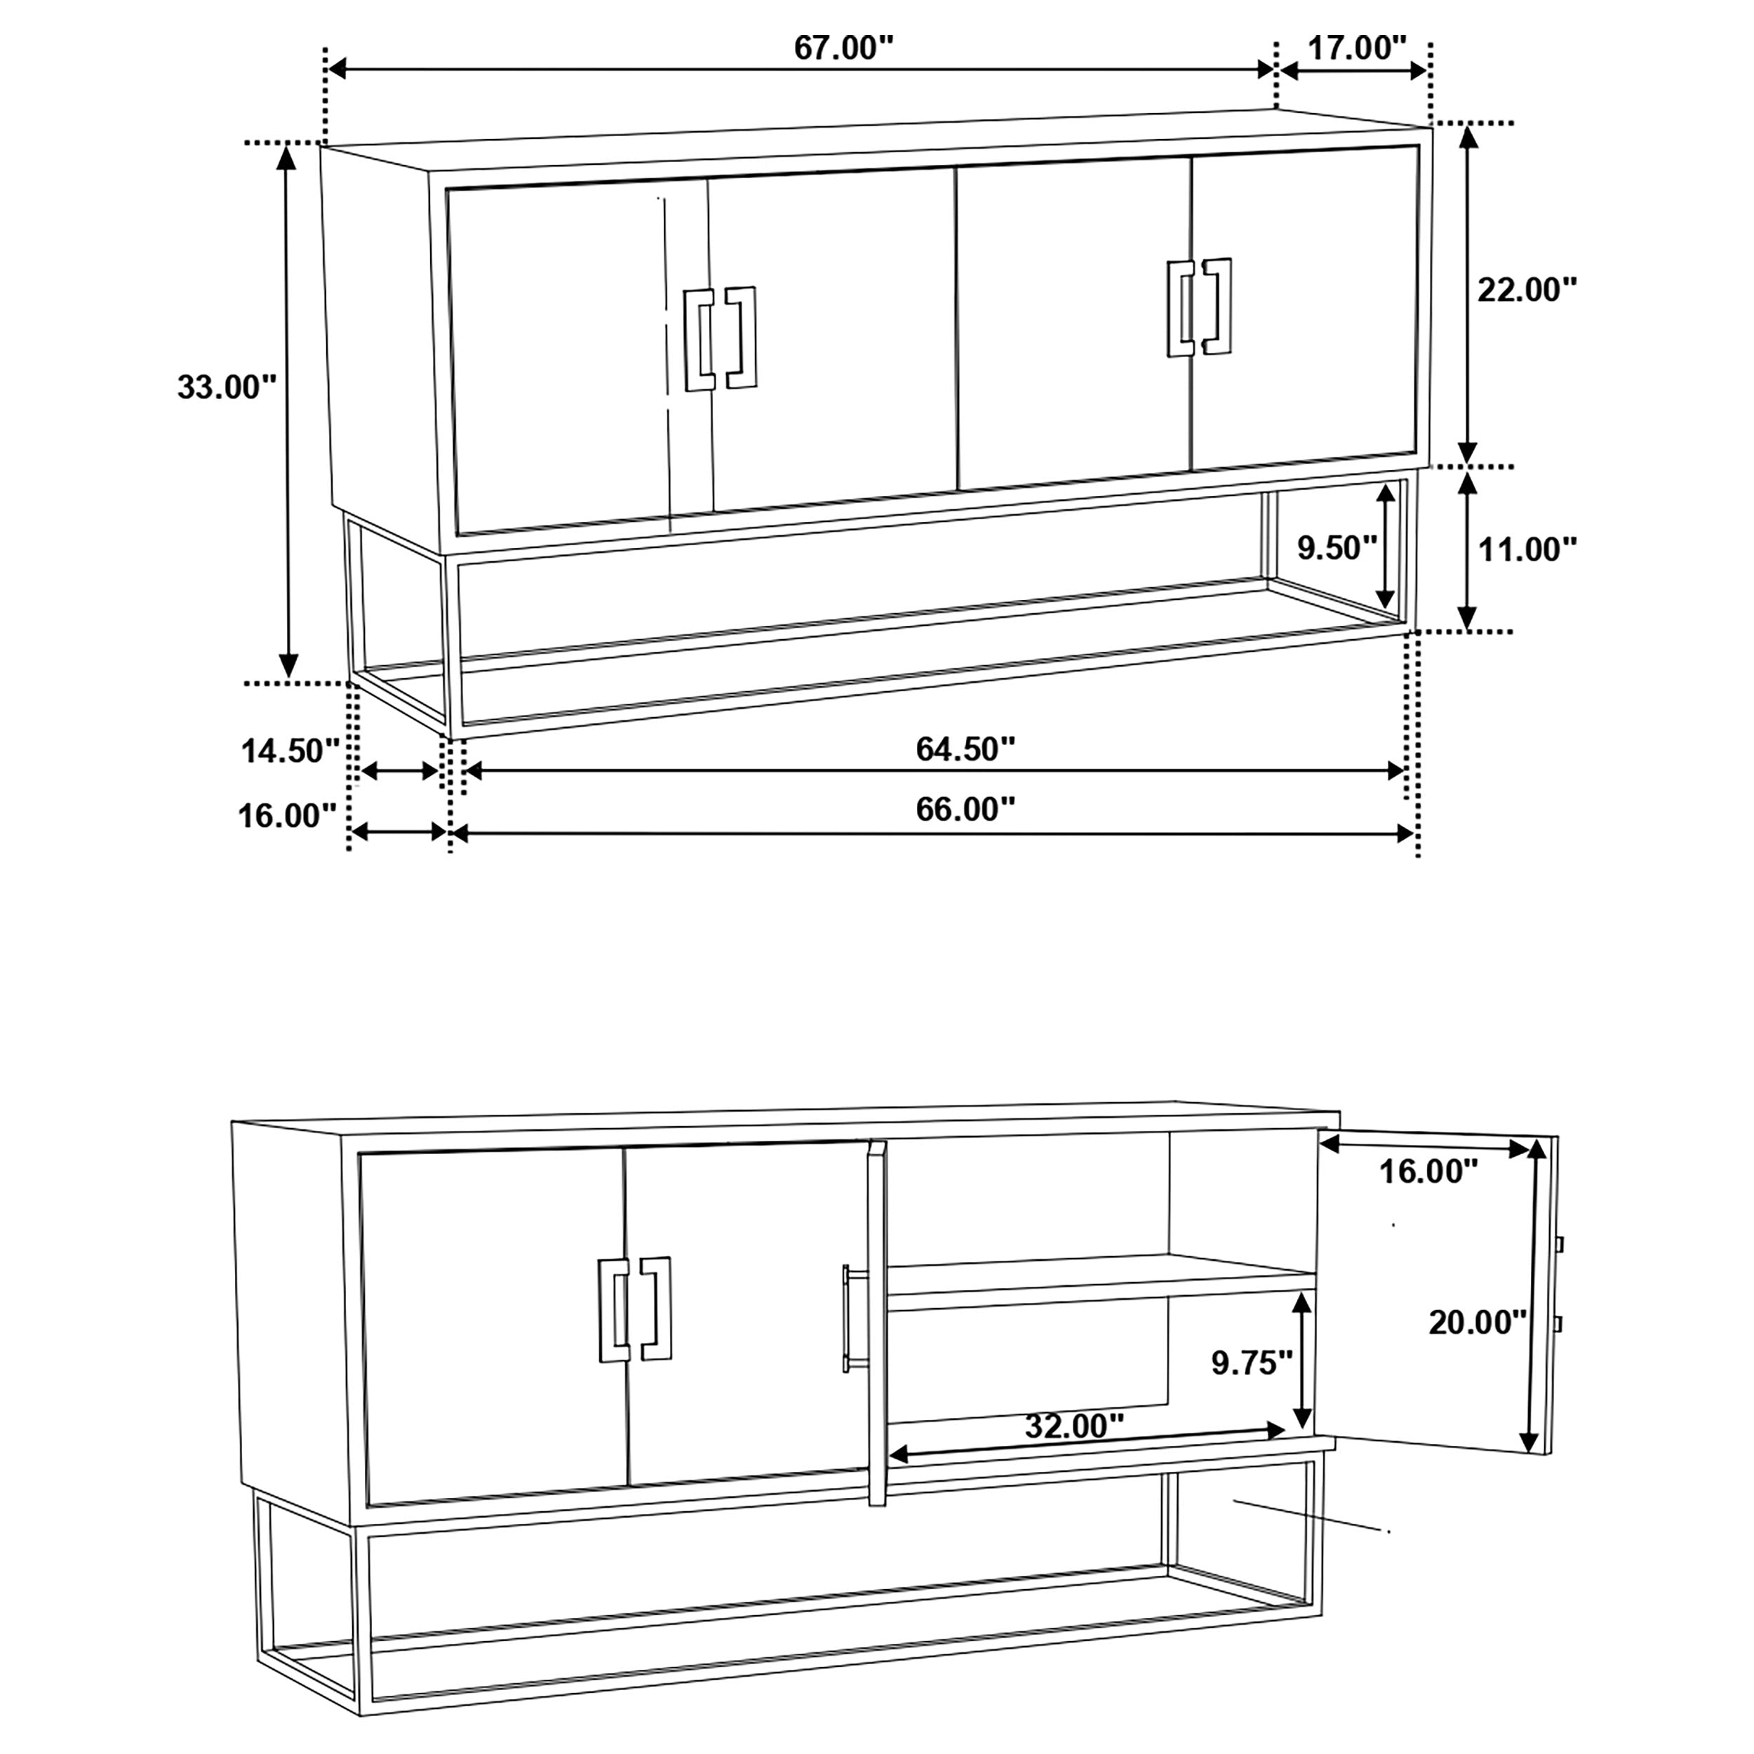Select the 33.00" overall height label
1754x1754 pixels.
[226, 388]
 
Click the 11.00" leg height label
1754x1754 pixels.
[1528, 549]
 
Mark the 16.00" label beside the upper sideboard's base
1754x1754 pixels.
[287, 816]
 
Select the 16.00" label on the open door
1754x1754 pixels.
[1428, 1172]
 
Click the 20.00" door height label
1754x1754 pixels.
[1477, 1323]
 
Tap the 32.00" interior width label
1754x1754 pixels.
[1074, 1427]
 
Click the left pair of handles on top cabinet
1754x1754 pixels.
[720, 339]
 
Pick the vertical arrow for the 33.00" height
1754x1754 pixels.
[288, 413]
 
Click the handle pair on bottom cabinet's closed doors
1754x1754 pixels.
[635, 1308]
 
